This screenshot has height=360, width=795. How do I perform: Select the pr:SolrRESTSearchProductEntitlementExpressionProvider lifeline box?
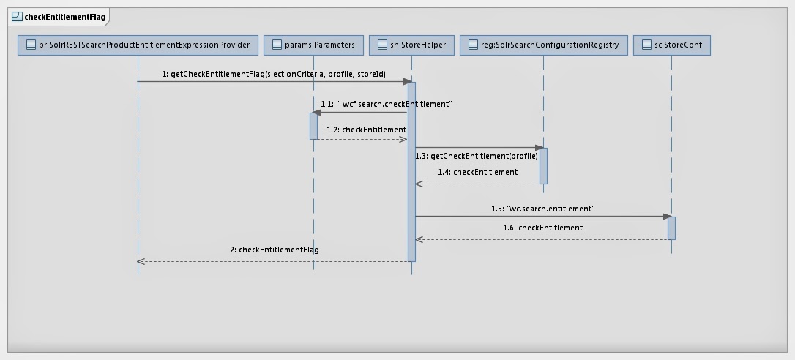(138, 45)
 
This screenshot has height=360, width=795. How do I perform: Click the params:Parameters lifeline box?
(313, 45)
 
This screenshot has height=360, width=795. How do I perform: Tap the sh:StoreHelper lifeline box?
(412, 45)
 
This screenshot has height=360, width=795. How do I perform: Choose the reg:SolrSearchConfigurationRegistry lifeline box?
(543, 45)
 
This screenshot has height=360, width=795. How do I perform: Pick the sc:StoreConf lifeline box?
(671, 45)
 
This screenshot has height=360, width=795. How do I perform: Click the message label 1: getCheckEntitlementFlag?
(274, 75)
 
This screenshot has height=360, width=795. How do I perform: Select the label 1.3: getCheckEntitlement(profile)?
(476, 156)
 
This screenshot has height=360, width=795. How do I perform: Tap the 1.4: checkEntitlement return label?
(477, 172)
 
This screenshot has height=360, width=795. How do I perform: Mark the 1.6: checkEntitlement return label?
(542, 228)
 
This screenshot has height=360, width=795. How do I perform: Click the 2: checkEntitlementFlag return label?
(275, 250)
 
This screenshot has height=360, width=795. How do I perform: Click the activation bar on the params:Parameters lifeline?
(313, 126)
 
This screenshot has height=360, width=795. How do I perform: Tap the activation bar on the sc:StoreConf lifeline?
(671, 228)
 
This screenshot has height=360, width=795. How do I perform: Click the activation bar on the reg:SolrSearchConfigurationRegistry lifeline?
(543, 166)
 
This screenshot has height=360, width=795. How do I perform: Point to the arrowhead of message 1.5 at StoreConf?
(668, 217)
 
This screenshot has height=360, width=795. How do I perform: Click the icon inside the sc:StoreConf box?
(646, 45)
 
